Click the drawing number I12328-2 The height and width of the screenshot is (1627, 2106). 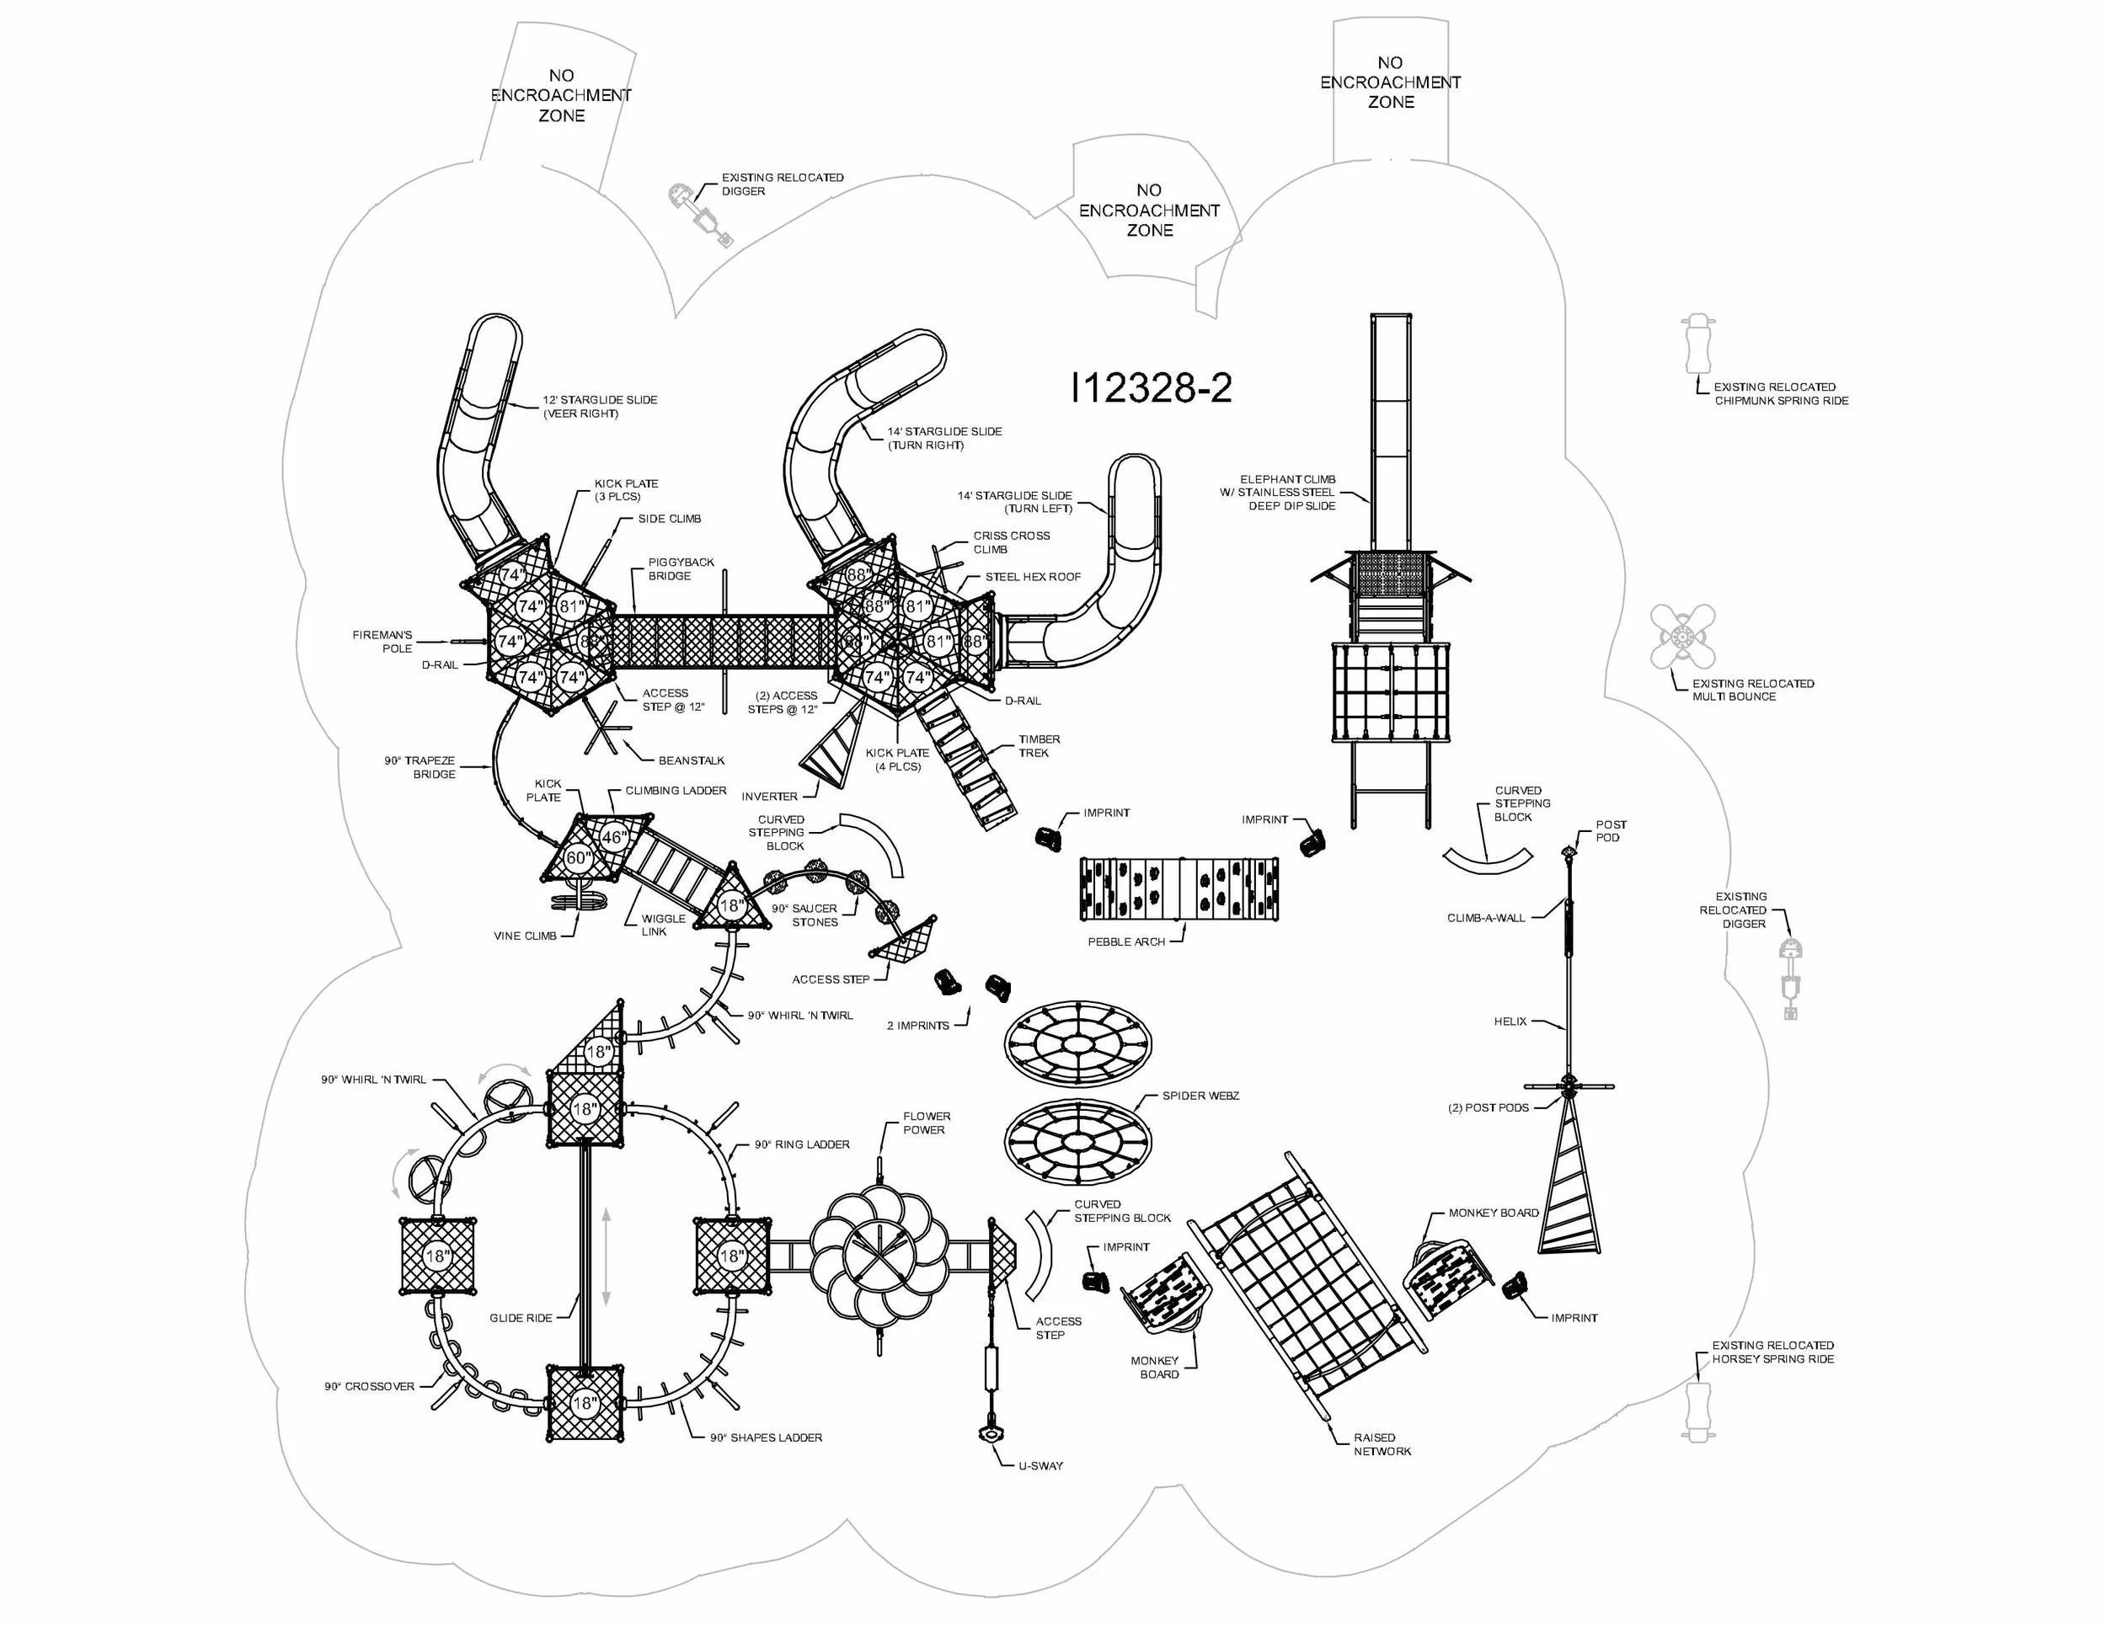(x=1152, y=388)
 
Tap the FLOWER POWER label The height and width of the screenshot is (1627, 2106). (x=926, y=1123)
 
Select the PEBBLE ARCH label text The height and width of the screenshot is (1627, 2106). (x=1125, y=942)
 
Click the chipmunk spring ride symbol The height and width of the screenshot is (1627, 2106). (x=1698, y=344)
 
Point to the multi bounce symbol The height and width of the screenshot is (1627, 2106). (x=1682, y=636)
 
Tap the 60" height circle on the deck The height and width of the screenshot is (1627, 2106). (x=578, y=858)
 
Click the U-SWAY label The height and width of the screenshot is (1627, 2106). (x=1040, y=1466)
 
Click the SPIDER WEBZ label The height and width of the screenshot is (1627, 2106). (x=1200, y=1096)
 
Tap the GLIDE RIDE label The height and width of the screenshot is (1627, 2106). (x=521, y=1318)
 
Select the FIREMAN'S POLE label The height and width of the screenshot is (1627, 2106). (x=382, y=642)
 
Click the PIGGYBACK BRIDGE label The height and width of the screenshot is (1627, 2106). (x=681, y=568)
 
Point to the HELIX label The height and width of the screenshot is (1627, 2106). (x=1510, y=1022)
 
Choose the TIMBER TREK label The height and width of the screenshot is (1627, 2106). (x=1039, y=746)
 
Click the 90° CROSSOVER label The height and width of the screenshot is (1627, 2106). (x=369, y=1386)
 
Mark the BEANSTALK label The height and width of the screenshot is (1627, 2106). (x=692, y=760)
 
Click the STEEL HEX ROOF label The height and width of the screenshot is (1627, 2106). (x=1032, y=576)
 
